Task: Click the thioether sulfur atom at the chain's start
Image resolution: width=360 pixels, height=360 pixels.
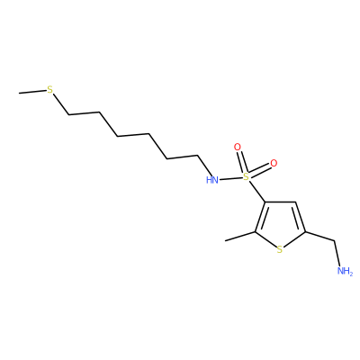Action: pos(49,89)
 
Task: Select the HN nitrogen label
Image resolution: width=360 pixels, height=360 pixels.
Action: pos(212,180)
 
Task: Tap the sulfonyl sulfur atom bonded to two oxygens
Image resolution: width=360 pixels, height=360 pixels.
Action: pos(246,176)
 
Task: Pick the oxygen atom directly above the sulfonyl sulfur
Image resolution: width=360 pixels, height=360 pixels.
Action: pos(238,147)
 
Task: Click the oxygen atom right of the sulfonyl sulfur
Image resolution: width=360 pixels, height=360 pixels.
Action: pos(274,163)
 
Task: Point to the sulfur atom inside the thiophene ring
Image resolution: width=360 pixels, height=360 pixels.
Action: pos(280,249)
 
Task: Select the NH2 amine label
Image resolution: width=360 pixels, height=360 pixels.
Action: pos(345,271)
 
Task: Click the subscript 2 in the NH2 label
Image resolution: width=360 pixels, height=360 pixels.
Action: pos(351,273)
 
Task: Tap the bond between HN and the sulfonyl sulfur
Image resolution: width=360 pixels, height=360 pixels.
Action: pos(230,179)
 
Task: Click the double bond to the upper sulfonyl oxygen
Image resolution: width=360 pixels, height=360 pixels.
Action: pos(241,162)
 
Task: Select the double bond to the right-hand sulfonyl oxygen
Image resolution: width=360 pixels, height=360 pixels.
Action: pos(260,170)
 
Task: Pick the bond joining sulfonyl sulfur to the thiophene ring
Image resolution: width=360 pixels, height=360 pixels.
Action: pos(256,191)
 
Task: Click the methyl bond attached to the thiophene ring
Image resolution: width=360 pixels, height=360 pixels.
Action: pos(240,236)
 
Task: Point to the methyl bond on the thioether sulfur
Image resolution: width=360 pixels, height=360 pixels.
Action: pos(32,92)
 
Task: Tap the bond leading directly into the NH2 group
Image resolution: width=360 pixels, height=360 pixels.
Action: pos(337,253)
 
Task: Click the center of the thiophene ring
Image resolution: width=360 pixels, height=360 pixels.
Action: pos(280,225)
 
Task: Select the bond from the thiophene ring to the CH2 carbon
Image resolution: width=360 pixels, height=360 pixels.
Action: pos(319,236)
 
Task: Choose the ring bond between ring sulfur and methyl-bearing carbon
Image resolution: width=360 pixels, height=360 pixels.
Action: pos(265,239)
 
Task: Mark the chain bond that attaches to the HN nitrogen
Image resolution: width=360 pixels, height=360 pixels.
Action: pos(205,166)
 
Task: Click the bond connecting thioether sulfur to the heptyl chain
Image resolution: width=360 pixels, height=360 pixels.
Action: pos(61,104)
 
